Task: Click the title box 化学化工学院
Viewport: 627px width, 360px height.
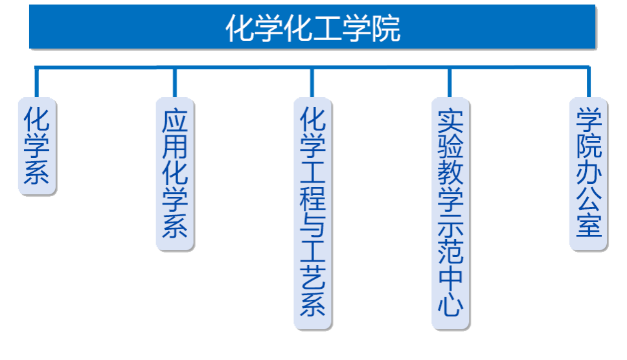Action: point(313,27)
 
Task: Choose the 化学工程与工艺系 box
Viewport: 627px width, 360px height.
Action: point(313,214)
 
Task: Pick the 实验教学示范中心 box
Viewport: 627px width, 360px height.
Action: point(451,214)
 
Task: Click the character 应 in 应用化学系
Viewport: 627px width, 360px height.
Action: point(175,122)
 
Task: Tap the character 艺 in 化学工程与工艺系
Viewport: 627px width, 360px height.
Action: point(313,278)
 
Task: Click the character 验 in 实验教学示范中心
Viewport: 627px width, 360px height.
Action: point(451,148)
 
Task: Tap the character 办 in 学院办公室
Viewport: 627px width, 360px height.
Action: point(589,174)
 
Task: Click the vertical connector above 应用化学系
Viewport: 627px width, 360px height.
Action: point(175,82)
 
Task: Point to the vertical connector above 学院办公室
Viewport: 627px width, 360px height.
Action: point(589,82)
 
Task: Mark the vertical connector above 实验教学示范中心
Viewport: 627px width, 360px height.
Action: point(450,82)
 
